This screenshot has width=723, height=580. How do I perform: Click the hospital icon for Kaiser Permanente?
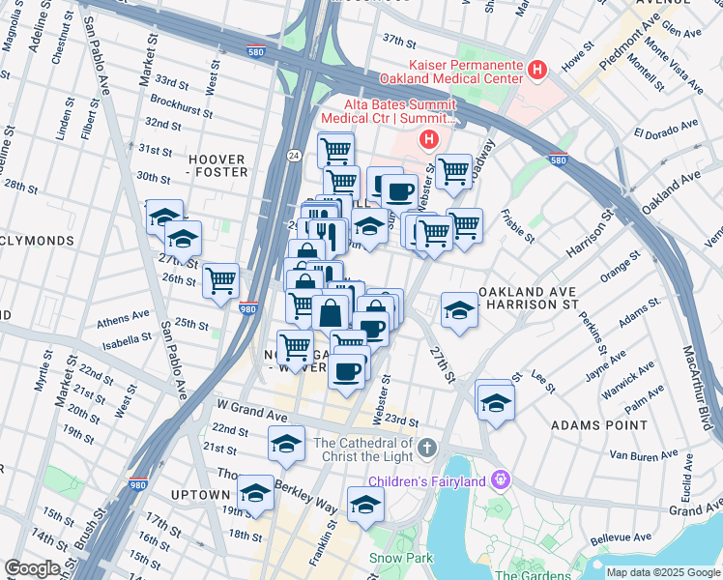pyautogui.click(x=537, y=70)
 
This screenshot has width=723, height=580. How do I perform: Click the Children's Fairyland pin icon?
pyautogui.click(x=499, y=479)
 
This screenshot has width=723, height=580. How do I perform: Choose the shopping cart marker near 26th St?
pyautogui.click(x=221, y=280)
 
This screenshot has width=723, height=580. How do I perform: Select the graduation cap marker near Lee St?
pyautogui.click(x=496, y=401)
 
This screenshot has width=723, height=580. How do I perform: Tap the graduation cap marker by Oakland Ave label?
pyautogui.click(x=459, y=310)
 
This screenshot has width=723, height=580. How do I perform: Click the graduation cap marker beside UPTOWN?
pyautogui.click(x=255, y=492)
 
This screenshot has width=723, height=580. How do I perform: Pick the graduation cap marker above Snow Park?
pyautogui.click(x=365, y=505)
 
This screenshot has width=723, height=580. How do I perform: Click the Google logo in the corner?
pyautogui.click(x=32, y=568)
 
